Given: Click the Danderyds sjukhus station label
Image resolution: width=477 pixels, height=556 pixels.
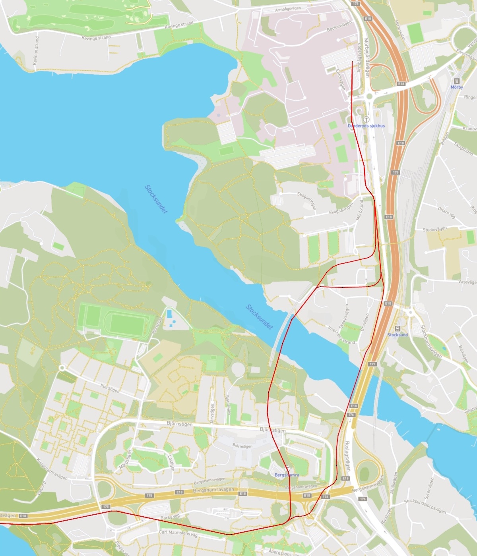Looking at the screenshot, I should click(366, 126).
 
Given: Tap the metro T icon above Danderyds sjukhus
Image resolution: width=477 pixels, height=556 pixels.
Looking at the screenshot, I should click(366, 119).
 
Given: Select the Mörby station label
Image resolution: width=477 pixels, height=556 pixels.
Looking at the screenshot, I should click(457, 87).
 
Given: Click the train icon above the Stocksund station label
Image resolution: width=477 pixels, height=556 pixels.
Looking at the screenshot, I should click(397, 328).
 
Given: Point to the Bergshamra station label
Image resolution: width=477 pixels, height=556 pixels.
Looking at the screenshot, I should click(287, 475).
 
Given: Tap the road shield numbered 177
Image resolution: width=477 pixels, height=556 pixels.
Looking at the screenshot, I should click(372, 364).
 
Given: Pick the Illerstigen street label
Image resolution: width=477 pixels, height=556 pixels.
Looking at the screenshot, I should click(110, 388).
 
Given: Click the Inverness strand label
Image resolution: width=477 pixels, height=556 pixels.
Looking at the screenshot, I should click(341, 335).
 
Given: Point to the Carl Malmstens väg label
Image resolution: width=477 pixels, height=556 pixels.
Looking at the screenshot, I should click(178, 533).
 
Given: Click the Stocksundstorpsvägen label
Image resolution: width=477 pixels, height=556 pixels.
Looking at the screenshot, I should click(425, 506).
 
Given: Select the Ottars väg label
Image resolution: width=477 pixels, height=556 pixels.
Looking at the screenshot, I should click(446, 212).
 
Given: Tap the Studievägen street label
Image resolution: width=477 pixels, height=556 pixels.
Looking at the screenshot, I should click(434, 230).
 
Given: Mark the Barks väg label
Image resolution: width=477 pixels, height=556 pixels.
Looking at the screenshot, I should click(170, 517).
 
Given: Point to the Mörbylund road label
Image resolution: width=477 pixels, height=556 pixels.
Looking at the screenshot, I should click(359, 210).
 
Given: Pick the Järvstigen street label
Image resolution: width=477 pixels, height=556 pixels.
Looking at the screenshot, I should click(212, 413).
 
